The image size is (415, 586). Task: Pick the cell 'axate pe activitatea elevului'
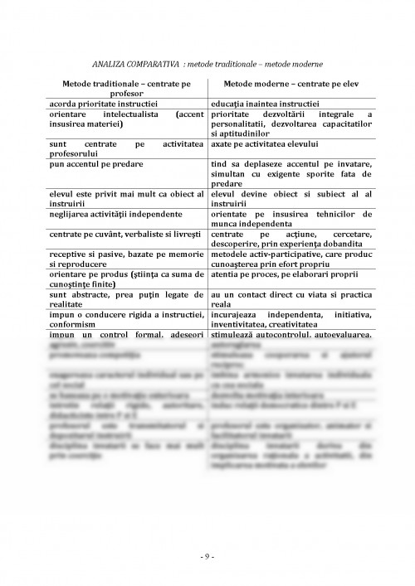[260, 145]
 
